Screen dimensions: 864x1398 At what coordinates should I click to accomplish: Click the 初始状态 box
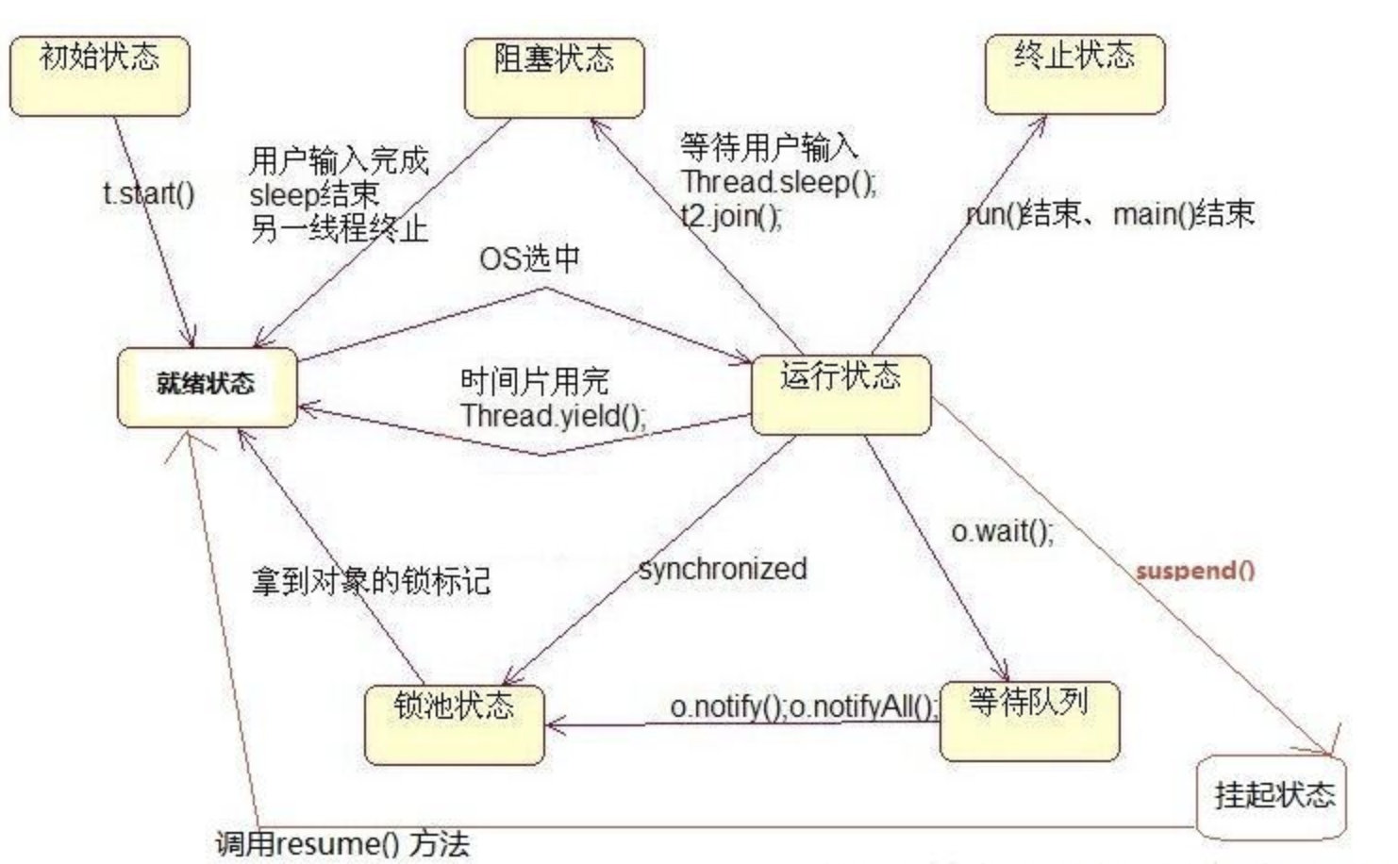[99, 75]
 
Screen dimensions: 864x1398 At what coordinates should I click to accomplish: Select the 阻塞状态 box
[555, 77]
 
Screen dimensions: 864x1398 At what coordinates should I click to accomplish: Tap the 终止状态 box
[1074, 74]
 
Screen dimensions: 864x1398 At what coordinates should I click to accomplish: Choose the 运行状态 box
[840, 394]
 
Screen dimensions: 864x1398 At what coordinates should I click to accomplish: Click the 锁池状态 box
[455, 723]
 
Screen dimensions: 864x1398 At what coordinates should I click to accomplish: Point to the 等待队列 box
[1029, 720]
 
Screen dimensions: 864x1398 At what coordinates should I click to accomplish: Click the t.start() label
[149, 193]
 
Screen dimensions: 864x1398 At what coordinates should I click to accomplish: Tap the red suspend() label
[1195, 570]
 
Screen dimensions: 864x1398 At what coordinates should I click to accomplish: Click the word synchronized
[723, 568]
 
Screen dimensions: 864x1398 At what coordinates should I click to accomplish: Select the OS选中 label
[529, 258]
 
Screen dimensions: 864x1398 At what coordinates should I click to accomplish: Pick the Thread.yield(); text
[554, 415]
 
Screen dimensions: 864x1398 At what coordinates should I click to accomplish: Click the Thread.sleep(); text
[778, 181]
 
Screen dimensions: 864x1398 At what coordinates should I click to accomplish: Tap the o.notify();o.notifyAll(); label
[804, 706]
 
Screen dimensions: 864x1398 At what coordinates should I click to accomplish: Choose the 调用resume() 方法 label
[341, 843]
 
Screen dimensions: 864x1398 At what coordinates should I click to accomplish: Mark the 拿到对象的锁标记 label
[371, 580]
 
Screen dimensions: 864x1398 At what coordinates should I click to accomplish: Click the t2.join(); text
[731, 216]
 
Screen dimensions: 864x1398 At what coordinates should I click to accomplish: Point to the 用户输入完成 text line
[339, 160]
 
